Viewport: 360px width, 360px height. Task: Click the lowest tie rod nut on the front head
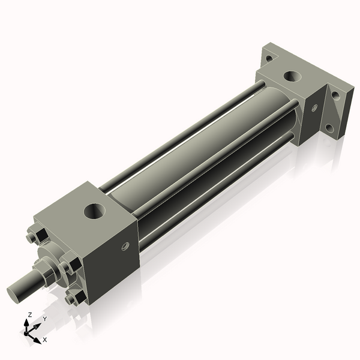click(x=76, y=297)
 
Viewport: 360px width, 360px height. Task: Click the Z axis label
click(x=29, y=315)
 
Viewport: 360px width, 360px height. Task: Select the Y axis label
click(x=44, y=319)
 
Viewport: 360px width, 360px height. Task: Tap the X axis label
click(x=44, y=340)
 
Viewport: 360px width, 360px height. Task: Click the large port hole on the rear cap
click(x=293, y=76)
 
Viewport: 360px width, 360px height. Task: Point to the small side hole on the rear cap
click(x=313, y=108)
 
